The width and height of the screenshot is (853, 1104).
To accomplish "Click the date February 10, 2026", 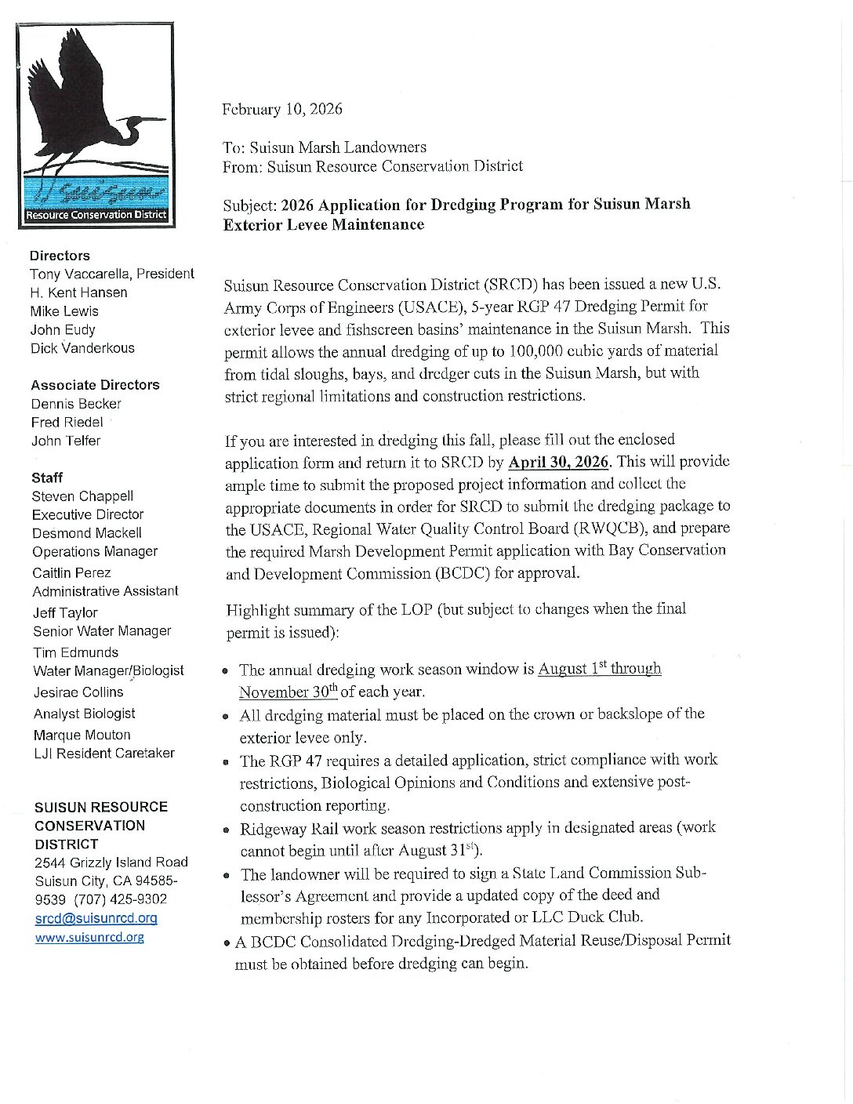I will pyautogui.click(x=282, y=109).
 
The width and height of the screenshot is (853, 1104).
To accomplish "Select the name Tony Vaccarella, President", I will pyautogui.click(x=111, y=274).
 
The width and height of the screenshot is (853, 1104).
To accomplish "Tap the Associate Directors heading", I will pyautogui.click(x=95, y=385).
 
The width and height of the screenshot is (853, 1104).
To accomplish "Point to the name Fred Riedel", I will pyautogui.click(x=67, y=422).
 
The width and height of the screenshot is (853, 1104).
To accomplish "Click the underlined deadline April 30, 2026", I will pyautogui.click(x=559, y=462).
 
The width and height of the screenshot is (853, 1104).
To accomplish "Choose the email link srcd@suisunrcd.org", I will pyautogui.click(x=96, y=918).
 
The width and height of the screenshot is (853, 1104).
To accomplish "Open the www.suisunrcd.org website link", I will pyautogui.click(x=89, y=937).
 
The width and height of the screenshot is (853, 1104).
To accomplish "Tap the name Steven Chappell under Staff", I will pyautogui.click(x=82, y=496).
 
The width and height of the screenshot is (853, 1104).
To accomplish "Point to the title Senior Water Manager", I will pyautogui.click(x=102, y=631).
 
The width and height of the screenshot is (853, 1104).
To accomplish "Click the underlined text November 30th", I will pyautogui.click(x=288, y=692).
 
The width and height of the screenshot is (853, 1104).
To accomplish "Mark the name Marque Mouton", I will pyautogui.click(x=82, y=735).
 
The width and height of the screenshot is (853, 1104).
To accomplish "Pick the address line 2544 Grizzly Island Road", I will pyautogui.click(x=111, y=862).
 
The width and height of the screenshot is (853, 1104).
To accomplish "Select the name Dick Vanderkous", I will pyautogui.click(x=82, y=348).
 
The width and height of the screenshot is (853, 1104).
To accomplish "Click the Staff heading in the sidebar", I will pyautogui.click(x=47, y=478).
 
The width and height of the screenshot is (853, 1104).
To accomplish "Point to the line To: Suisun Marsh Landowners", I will pyautogui.click(x=325, y=147).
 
